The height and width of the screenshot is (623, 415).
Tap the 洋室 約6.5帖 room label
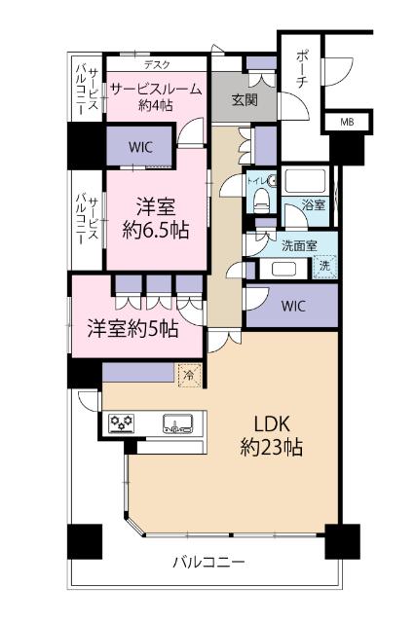pos(156,219)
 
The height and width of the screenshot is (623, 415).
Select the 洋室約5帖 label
pos(132,328)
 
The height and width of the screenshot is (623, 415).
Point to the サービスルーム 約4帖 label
pos(156,96)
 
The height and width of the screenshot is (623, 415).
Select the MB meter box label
pos(347,123)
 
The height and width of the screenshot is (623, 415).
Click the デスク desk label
pos(156,65)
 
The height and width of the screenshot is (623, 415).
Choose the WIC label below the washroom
pos(293,307)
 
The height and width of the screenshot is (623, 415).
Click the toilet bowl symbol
pos(260,199)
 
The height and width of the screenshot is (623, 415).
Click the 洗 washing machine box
pos(325,265)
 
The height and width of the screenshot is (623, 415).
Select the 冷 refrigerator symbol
pos(186,371)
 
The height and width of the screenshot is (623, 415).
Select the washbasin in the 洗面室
pos(283,269)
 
